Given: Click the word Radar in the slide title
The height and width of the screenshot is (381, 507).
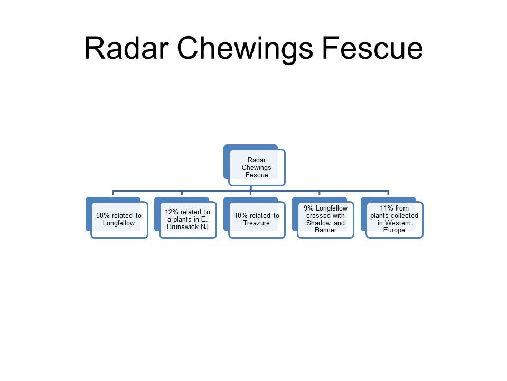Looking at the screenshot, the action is (126, 48).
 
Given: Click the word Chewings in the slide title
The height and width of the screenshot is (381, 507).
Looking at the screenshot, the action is (245, 49).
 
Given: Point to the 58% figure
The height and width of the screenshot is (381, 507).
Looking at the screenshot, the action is (103, 216).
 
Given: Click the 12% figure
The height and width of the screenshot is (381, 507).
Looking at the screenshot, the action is (172, 212).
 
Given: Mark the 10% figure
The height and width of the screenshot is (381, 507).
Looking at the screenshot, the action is (241, 216).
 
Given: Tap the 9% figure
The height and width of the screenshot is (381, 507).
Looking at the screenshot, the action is (308, 208).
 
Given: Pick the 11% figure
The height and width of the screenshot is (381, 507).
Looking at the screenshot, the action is (387, 208).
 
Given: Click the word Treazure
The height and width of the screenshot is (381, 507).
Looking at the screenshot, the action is (257, 223).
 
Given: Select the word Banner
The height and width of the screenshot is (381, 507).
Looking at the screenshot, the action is (326, 230).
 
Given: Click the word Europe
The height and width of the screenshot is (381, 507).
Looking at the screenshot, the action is (394, 230).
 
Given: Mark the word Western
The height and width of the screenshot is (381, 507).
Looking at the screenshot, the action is (398, 223).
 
